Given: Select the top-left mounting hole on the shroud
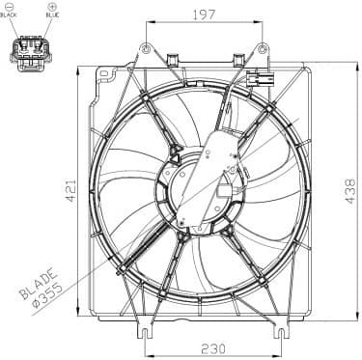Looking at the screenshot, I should point(146,49).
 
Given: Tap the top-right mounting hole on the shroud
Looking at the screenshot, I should point(262,49).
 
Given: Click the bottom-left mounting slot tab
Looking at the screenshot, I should point(145,333).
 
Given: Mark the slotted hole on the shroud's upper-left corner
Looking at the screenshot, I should point(103,74).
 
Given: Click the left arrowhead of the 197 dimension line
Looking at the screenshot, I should point(149,23).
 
